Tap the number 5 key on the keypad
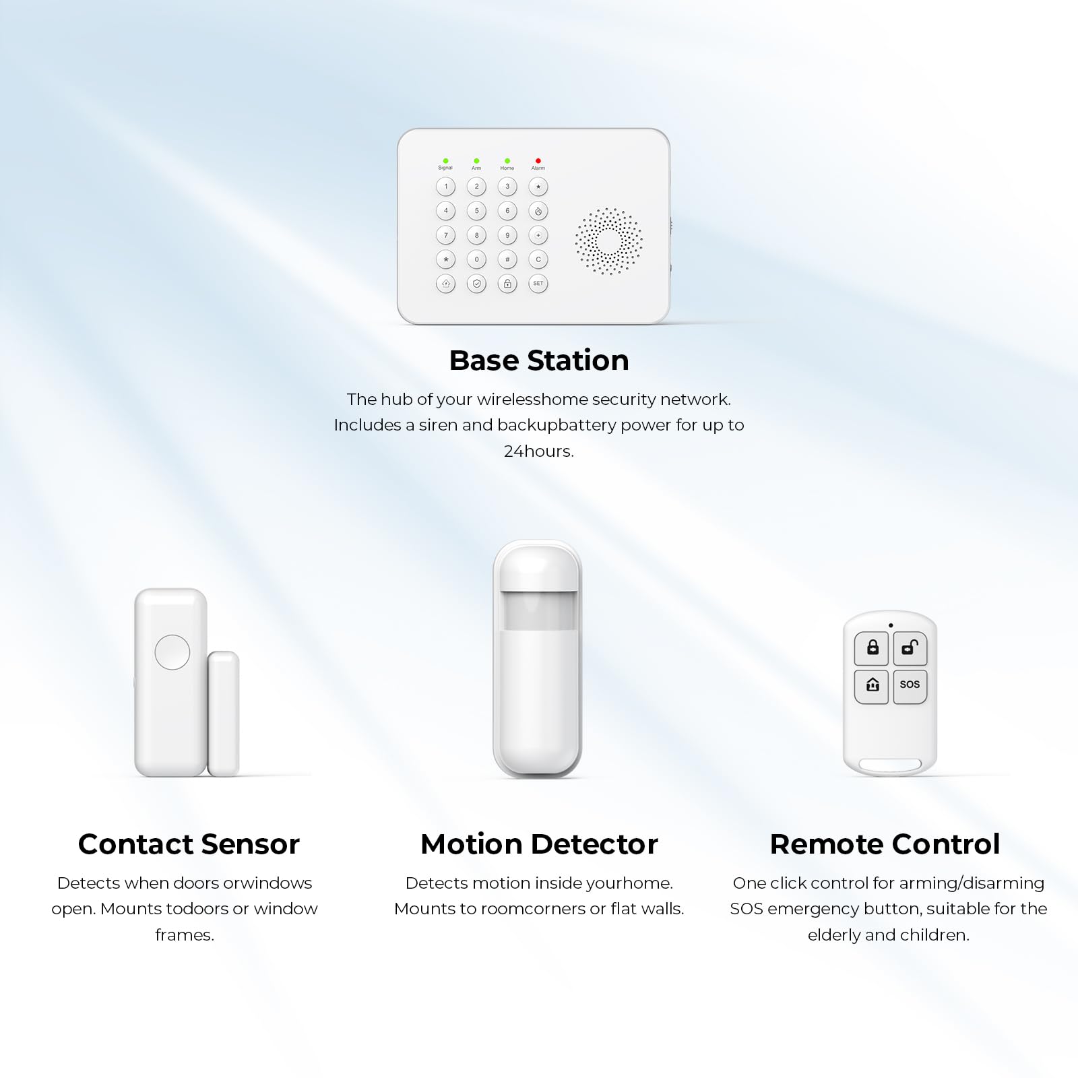click(x=476, y=211)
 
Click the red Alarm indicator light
click(x=538, y=161)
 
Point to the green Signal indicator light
click(x=445, y=161)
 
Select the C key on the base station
click(x=538, y=259)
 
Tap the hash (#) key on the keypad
click(x=507, y=259)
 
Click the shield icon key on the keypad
click(x=476, y=284)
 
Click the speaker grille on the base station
click(x=608, y=241)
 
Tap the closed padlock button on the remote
click(x=872, y=648)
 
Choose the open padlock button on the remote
click(x=910, y=648)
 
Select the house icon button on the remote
click(x=872, y=686)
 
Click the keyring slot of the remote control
click(x=890, y=765)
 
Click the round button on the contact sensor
click(x=172, y=652)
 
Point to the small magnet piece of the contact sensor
click(x=223, y=714)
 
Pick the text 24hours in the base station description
click(x=539, y=451)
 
